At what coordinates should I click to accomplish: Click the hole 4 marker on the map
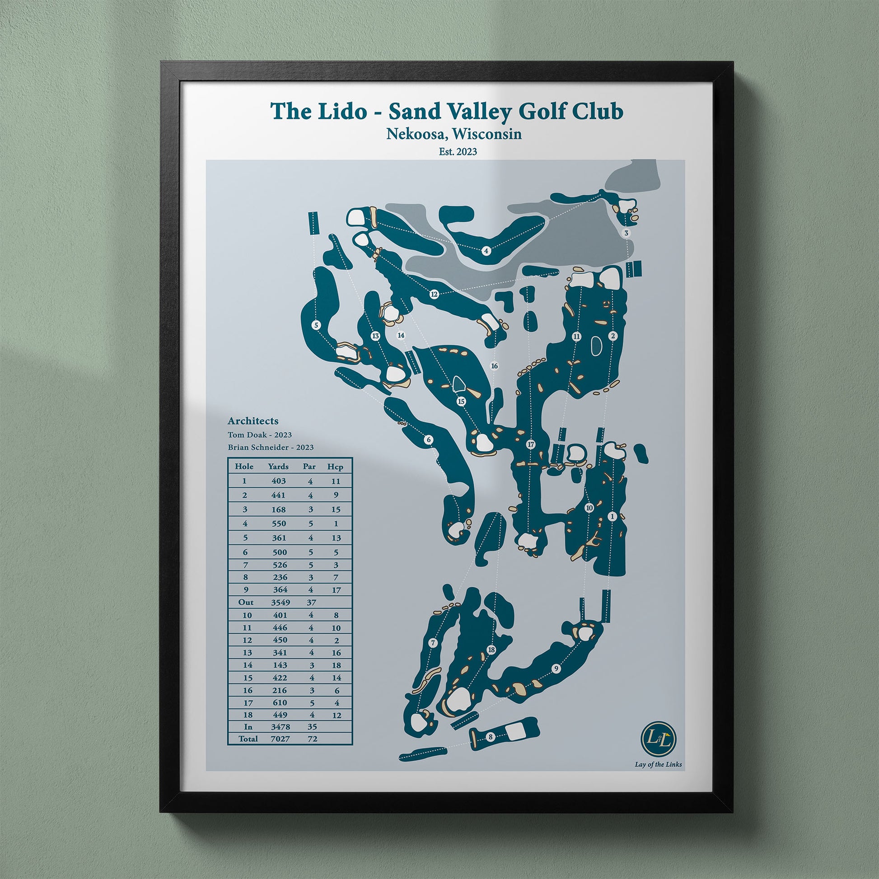[486, 251]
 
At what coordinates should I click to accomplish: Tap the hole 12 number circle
[434, 295]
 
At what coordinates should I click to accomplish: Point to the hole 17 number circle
[530, 444]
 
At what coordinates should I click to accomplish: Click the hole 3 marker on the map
[627, 234]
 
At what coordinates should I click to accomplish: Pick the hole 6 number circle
[428, 439]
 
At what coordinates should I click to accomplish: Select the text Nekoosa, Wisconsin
[454, 134]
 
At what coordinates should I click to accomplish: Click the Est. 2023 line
[458, 152]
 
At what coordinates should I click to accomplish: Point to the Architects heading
[253, 421]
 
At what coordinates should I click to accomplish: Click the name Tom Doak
[248, 435]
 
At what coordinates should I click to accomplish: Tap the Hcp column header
[335, 467]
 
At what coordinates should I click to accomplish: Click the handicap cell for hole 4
[336, 524]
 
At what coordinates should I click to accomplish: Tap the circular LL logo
[658, 738]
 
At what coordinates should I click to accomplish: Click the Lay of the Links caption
[658, 764]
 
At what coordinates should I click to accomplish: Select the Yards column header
[278, 467]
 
